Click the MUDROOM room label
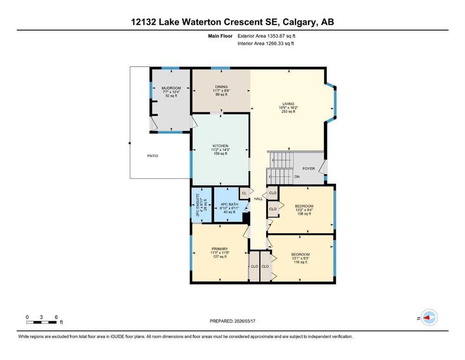click(171, 88)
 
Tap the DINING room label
click(221, 87)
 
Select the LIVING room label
click(288, 104)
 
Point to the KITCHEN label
click(221, 146)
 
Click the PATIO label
click(153, 156)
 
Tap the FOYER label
click(309, 169)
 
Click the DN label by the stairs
click(297, 177)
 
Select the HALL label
click(258, 199)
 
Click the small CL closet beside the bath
click(244, 193)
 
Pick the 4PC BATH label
click(229, 204)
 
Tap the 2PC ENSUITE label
click(198, 205)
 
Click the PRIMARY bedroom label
click(220, 249)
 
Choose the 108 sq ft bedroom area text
click(304, 214)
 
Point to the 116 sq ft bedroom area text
click(301, 262)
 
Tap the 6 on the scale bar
click(56, 317)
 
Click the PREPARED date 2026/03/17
click(244, 321)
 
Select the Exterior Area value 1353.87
click(276, 36)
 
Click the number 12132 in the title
click(144, 22)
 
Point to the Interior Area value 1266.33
click(275, 43)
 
